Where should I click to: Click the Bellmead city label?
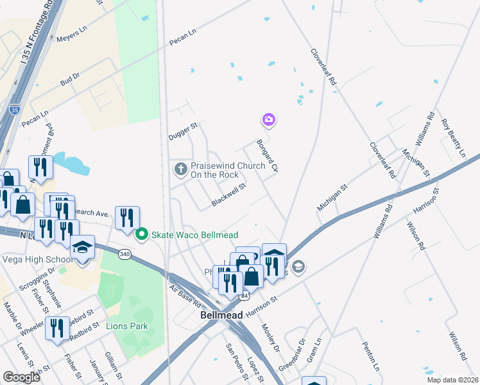click(221, 316)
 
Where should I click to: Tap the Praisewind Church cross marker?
click(181, 169)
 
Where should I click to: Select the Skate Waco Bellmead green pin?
click(142, 234)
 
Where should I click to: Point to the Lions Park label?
click(127, 326)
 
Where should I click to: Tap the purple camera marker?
click(268, 119)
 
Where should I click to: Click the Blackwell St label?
click(229, 194)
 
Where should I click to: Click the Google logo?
click(22, 377)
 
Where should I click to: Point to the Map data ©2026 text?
click(452, 380)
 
